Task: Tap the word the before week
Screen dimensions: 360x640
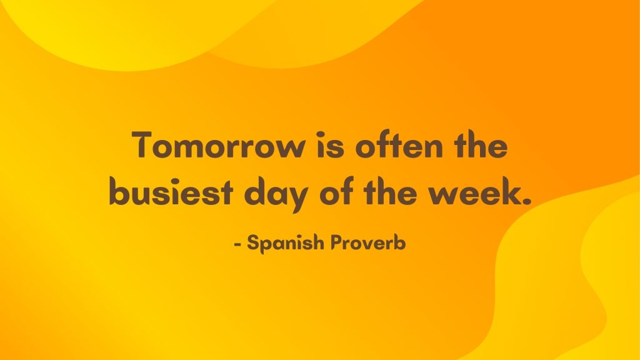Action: (393, 193)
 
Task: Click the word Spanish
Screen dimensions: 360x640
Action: (285, 244)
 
